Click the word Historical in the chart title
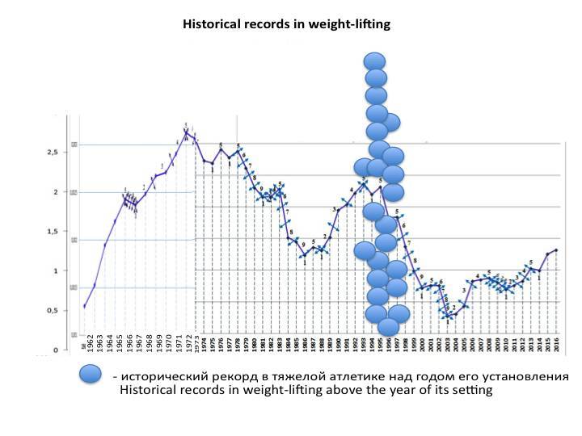[213, 25]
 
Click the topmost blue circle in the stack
[374, 61]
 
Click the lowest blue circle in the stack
[389, 327]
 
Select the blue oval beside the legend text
[91, 375]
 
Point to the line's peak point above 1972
[187, 132]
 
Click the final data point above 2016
[556, 250]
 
